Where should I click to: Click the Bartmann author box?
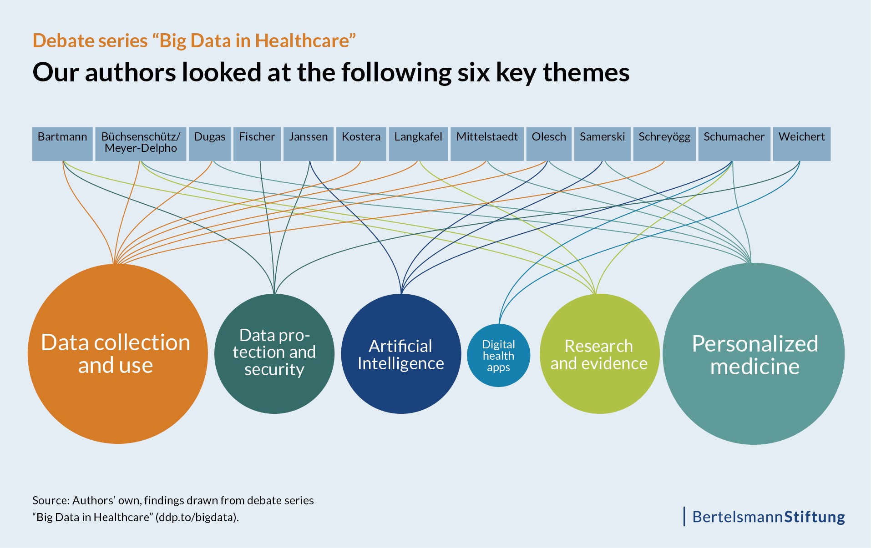point(62,144)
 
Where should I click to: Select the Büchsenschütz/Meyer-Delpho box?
point(141,144)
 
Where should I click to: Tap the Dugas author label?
point(210,144)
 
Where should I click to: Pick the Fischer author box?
point(257,144)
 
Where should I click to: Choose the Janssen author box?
point(308,144)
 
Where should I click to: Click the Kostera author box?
point(361,144)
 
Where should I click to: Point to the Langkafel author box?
point(418,144)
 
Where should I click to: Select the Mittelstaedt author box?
point(487,144)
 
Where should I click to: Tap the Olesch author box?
point(549,144)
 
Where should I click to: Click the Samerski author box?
point(602,144)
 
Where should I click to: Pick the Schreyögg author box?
point(664,144)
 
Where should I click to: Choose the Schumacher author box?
point(734,144)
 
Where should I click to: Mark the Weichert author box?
point(801,144)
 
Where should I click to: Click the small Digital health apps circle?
point(498,356)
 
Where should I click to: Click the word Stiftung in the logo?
point(815,517)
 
